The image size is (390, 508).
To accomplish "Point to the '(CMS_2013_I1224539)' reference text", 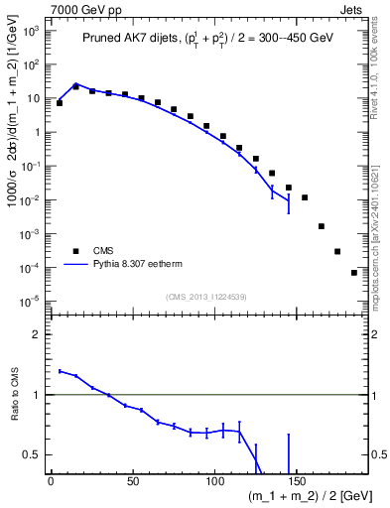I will pyautogui.click(x=205, y=296).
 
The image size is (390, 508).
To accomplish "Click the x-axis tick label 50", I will pyautogui.click(x=133, y=479).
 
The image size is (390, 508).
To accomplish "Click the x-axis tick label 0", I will pyautogui.click(x=51, y=479).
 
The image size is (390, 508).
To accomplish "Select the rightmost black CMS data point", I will pyautogui.click(x=354, y=272).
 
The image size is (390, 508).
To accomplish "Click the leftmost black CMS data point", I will pyautogui.click(x=60, y=102).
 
